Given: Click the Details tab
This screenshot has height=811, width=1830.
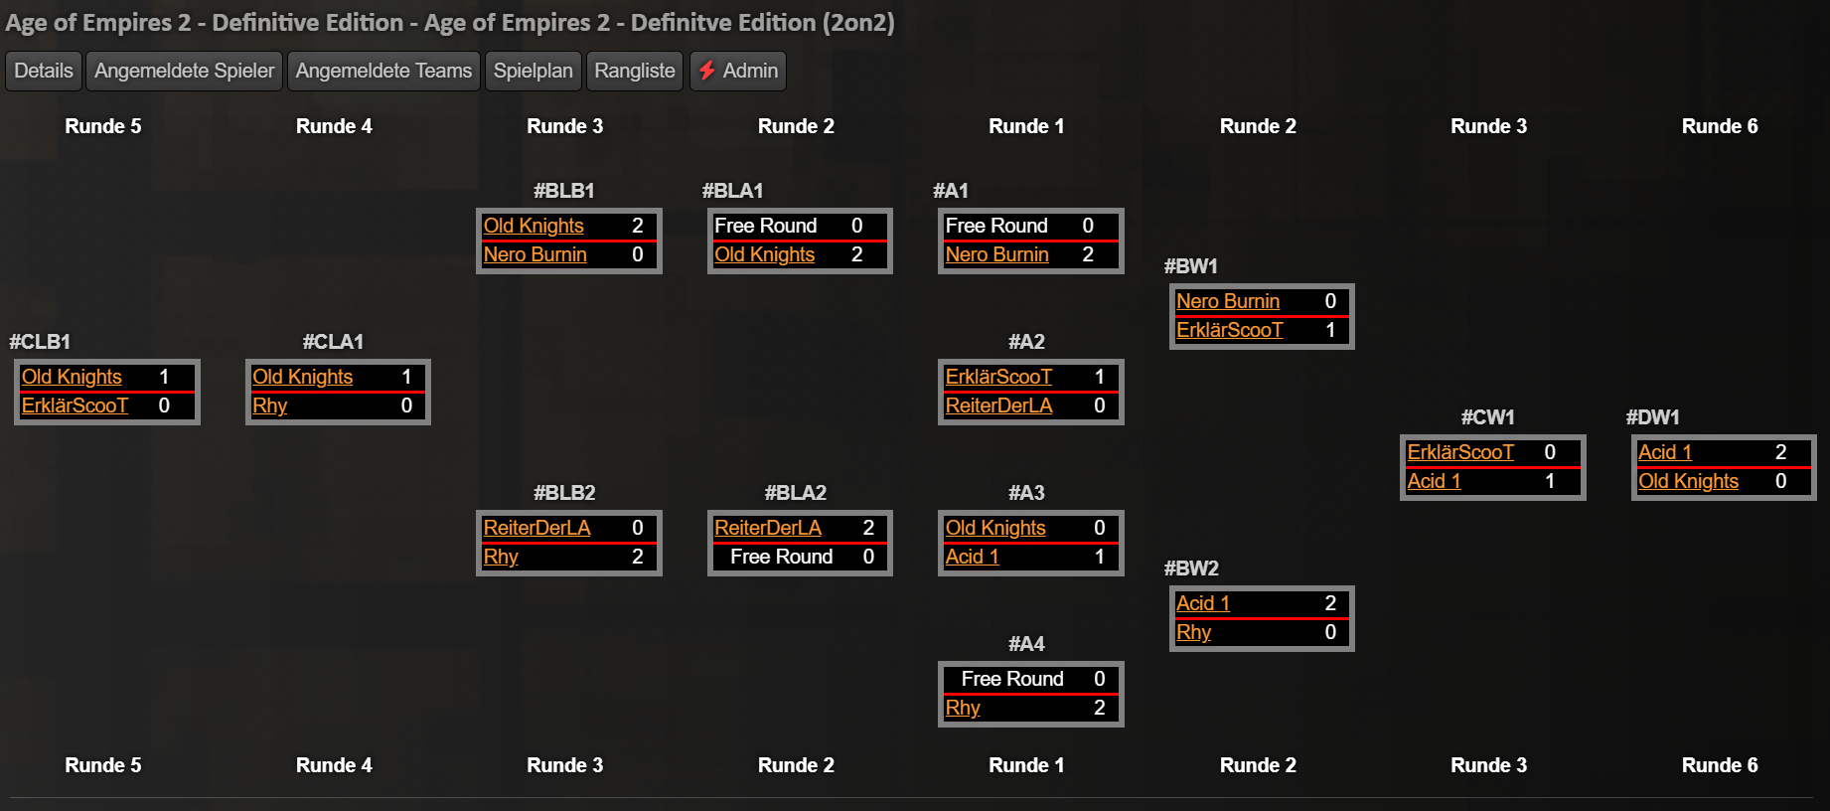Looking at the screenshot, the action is (44, 71).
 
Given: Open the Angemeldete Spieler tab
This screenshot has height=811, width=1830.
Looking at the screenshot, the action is (184, 71).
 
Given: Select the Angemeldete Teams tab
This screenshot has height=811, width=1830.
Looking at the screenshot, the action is (383, 71).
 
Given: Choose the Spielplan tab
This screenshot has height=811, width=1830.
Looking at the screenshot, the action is (534, 71).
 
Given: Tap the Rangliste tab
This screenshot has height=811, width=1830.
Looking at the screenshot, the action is (635, 71).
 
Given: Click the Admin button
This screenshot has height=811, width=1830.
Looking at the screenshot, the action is (738, 71).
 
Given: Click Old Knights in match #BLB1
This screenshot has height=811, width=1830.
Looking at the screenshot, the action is (534, 226).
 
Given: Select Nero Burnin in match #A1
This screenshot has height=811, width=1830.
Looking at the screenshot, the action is (996, 254).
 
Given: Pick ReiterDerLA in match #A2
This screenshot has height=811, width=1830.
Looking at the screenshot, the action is (998, 405).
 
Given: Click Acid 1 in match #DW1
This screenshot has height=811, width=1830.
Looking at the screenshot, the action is (1664, 452).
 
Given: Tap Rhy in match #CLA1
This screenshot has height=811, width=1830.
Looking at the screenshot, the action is (269, 405).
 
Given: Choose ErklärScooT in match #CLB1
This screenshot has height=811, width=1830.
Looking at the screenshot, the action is (75, 405).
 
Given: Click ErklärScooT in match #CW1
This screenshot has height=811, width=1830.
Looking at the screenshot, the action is (1460, 452).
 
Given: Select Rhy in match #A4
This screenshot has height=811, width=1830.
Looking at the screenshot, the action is (963, 708).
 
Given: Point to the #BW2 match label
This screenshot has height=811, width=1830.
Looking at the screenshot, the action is (1191, 568).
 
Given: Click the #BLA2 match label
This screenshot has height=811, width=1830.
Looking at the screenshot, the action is (796, 493).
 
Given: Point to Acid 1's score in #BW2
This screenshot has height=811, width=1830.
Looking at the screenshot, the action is (1330, 603).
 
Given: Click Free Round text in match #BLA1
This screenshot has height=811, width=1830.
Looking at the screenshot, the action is (765, 226).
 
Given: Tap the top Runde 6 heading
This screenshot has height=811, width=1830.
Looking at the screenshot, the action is (1720, 126).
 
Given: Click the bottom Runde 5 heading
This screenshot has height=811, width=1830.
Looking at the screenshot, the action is (103, 765).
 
